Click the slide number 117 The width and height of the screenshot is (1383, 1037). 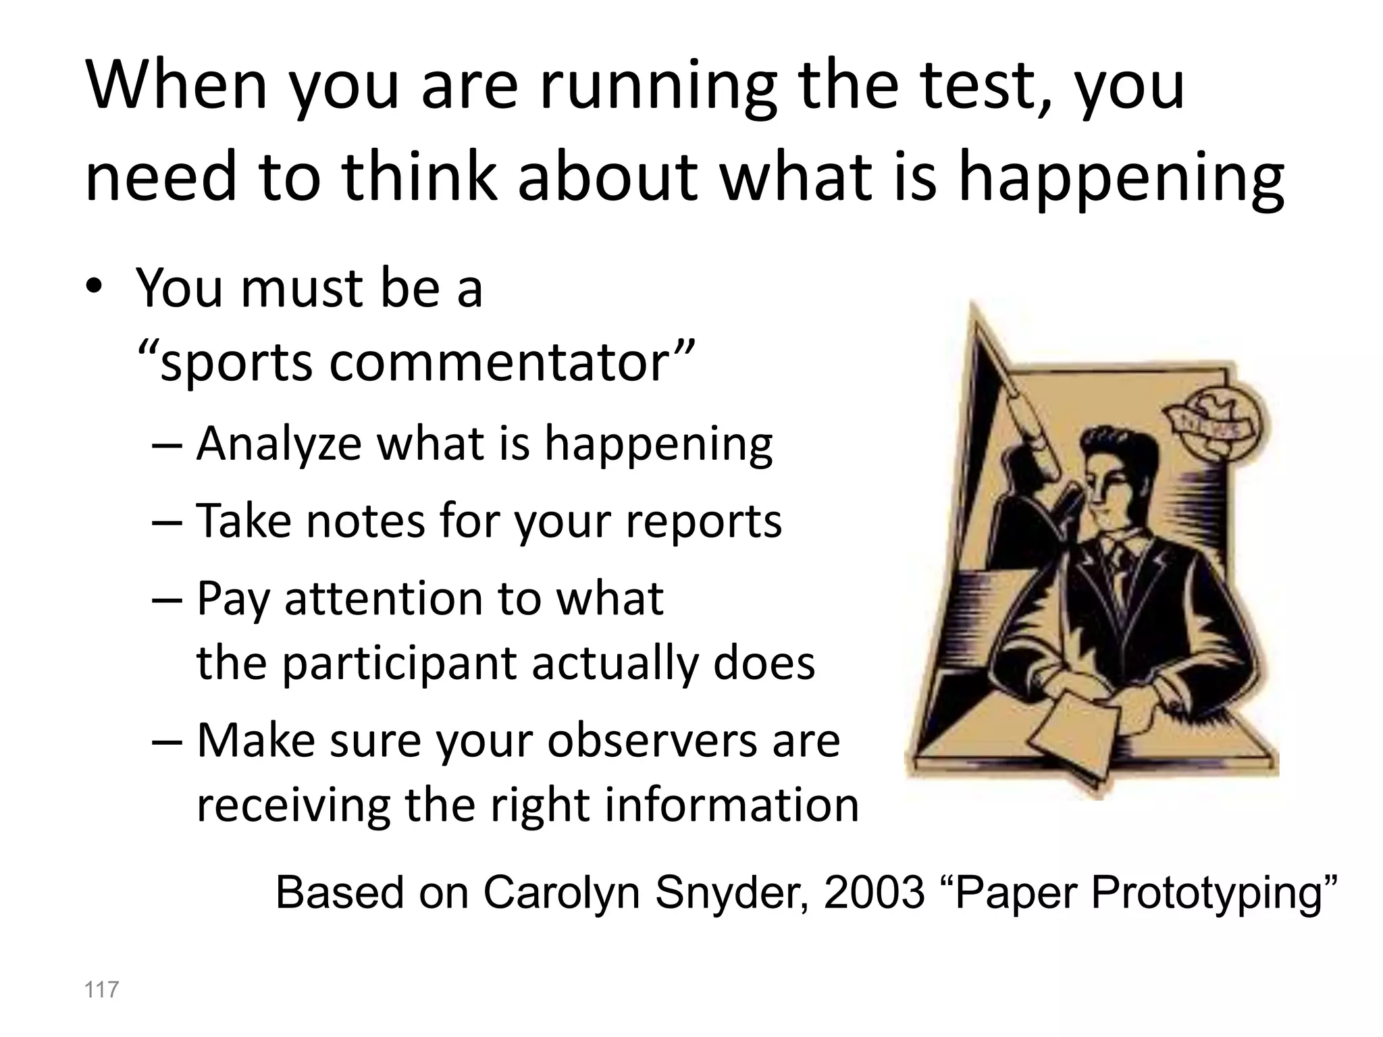(x=101, y=990)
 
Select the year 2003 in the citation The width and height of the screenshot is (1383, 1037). (x=874, y=893)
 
